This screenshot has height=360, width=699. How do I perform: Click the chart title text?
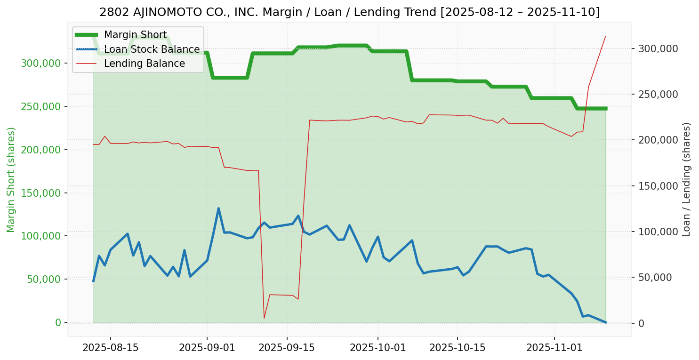tap(349, 12)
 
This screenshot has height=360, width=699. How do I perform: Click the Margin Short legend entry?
tap(135, 35)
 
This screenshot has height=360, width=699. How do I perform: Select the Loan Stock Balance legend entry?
tap(152, 49)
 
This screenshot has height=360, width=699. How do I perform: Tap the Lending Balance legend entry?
tap(144, 64)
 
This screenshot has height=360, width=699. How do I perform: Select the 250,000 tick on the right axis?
tap(658, 94)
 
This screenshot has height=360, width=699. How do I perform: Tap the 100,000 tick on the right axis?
tap(658, 232)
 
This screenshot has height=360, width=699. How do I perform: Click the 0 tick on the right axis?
tap(642, 323)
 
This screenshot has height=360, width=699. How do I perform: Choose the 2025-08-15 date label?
tap(111, 348)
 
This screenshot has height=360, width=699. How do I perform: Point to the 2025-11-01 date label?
tap(554, 348)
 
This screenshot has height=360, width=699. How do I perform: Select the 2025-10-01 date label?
tap(378, 348)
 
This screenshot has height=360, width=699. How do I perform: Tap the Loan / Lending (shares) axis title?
tap(687, 179)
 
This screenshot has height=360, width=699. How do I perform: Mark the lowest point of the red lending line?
tap(264, 318)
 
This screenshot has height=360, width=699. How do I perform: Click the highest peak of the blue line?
tap(218, 208)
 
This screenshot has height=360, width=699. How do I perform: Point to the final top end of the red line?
tap(605, 36)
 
